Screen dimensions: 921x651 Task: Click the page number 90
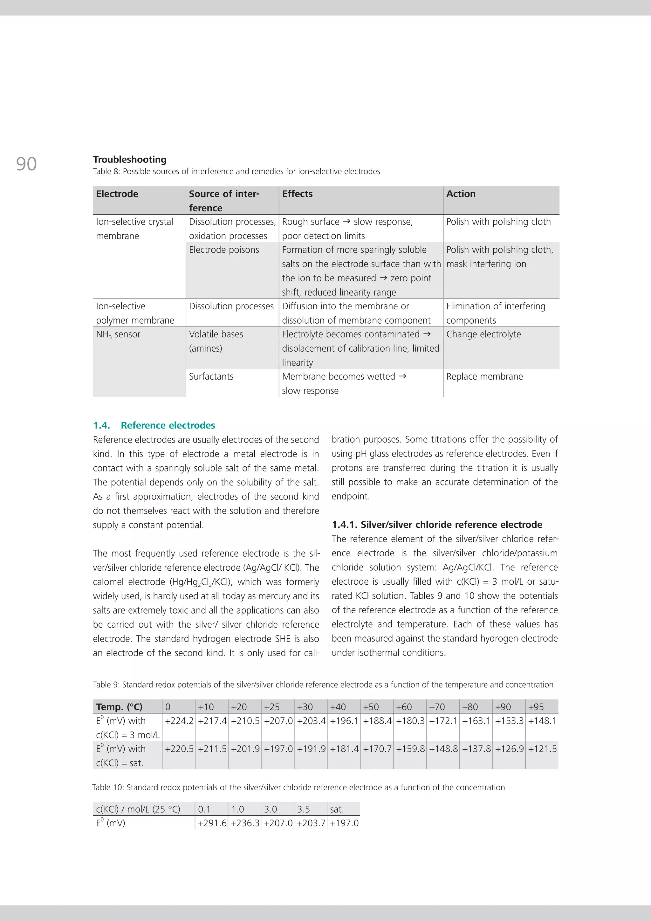[x=26, y=164]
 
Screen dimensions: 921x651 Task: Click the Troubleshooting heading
[x=130, y=159]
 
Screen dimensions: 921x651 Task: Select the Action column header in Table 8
[x=461, y=194]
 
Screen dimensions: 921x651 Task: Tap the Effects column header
[x=297, y=194]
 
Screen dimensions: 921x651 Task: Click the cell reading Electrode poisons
[x=224, y=250]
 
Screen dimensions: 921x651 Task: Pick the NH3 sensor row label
[x=118, y=334]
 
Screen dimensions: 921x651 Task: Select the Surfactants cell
[x=211, y=376]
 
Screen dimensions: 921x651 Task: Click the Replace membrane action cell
[x=484, y=376]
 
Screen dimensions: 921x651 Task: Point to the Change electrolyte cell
[x=483, y=334]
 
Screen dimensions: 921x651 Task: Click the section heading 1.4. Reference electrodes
[x=154, y=425]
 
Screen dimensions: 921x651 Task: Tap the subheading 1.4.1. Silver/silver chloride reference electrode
[x=437, y=524]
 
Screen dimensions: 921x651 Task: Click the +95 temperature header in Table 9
[x=536, y=707]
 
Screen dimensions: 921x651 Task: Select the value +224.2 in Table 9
[x=179, y=721]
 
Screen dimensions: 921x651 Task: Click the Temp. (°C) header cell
[x=119, y=707]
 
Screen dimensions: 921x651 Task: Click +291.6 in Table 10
[x=212, y=823]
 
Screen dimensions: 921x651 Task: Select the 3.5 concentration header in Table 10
[x=303, y=809]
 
